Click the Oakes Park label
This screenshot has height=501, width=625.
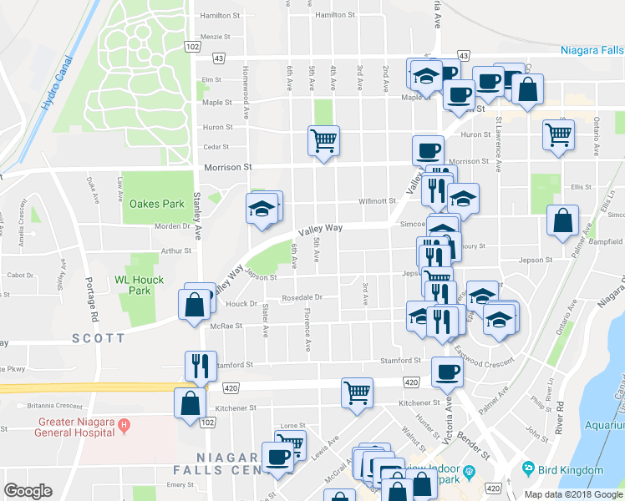pos(156,204)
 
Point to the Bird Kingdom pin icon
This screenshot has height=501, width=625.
pos(527,470)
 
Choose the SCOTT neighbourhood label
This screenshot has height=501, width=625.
pos(98,337)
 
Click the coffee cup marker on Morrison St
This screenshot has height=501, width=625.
pos(428,150)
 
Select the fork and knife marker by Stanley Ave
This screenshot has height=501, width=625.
pos(200,365)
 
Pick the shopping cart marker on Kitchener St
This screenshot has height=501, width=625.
pos(357,392)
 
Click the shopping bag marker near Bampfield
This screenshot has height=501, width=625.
pos(563,220)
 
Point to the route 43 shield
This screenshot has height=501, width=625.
pos(218,58)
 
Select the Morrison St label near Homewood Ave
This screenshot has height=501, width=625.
pos(228,167)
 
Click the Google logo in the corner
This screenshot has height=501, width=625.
pos(28,491)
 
